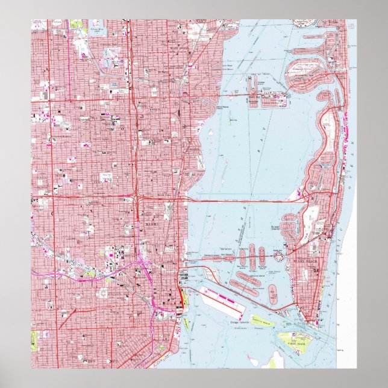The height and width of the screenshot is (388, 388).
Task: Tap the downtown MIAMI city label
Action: (151, 225)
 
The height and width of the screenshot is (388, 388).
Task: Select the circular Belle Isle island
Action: (279, 255)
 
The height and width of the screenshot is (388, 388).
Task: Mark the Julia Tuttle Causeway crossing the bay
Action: (241, 201)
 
